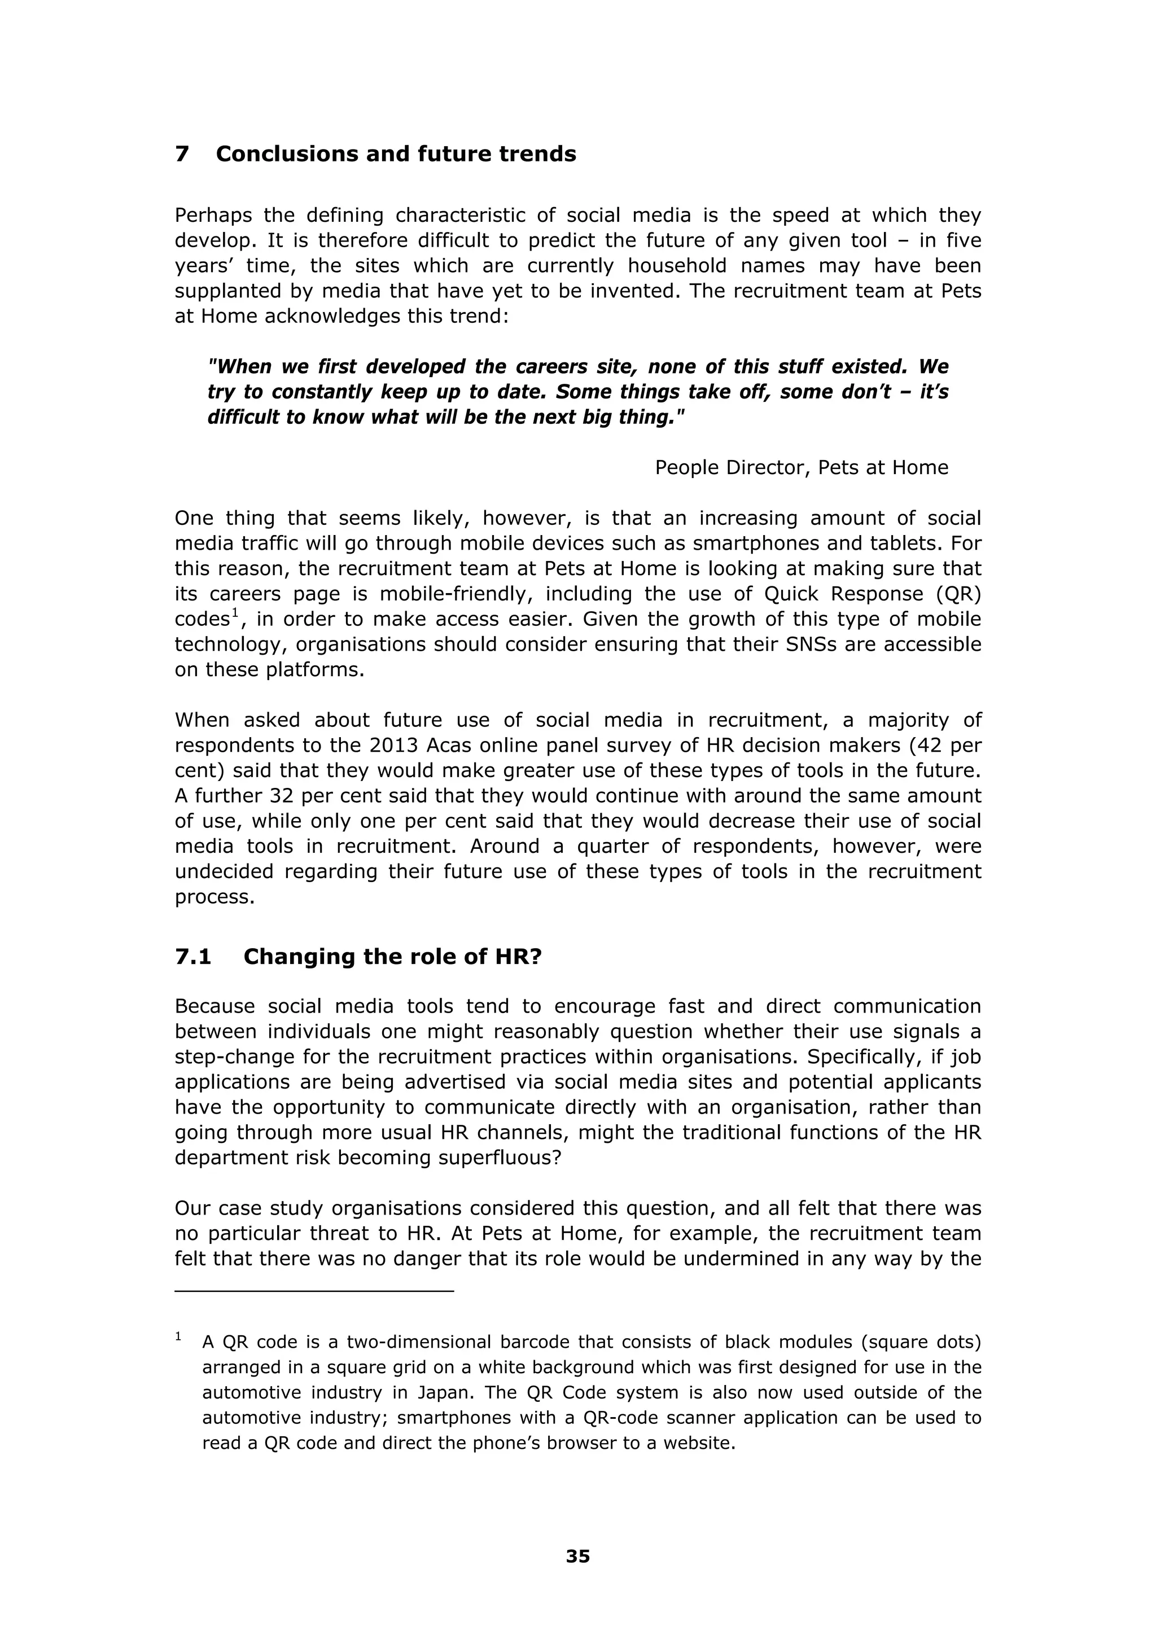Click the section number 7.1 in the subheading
pyautogui.click(x=193, y=957)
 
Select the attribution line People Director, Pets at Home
pyautogui.click(x=802, y=468)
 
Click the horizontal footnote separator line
pyautogui.click(x=314, y=1290)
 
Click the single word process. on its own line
pyautogui.click(x=214, y=897)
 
